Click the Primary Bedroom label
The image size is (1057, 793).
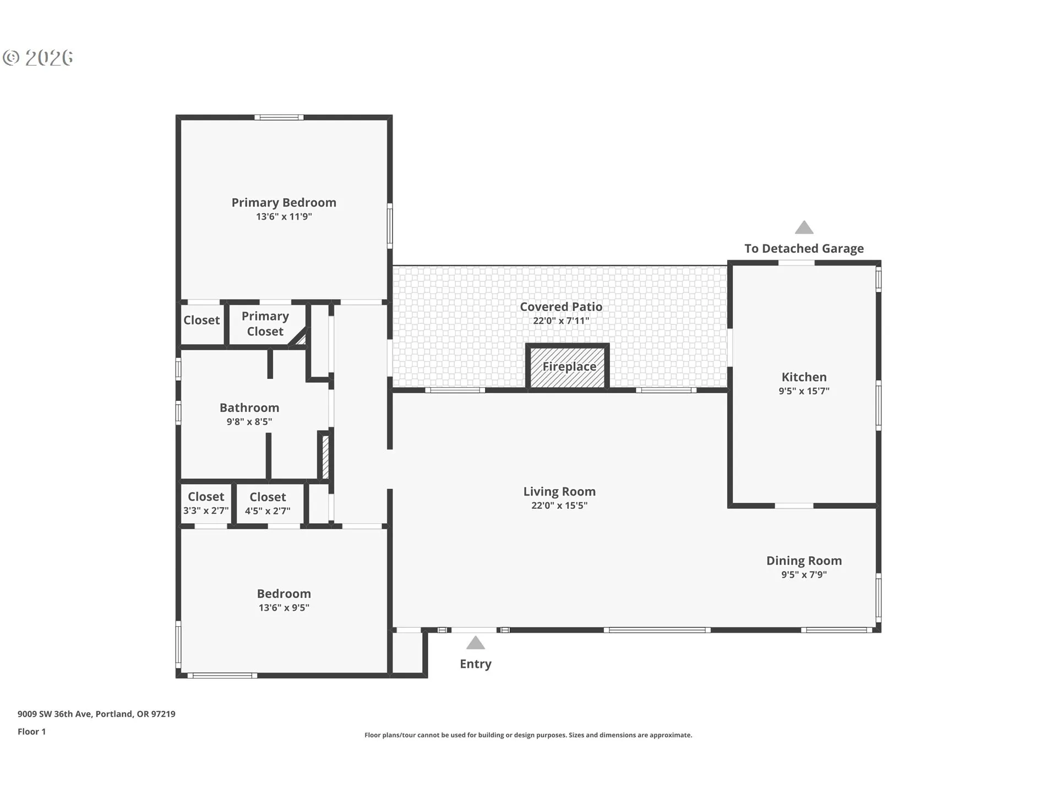click(x=284, y=203)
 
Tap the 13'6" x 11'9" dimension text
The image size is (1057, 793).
click(x=284, y=216)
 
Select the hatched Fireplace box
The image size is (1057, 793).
click(x=568, y=366)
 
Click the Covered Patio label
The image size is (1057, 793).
click(x=561, y=307)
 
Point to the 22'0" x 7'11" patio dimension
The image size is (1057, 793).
click(x=561, y=321)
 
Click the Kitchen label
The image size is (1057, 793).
click(x=804, y=377)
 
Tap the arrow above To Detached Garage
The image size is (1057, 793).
click(x=804, y=227)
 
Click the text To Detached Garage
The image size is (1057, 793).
click(x=804, y=248)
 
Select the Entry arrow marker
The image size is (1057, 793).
click(x=476, y=643)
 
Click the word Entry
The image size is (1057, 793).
click(x=476, y=664)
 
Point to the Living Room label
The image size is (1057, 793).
click(x=559, y=492)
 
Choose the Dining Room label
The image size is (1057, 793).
click(x=804, y=561)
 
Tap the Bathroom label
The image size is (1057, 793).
click(x=249, y=408)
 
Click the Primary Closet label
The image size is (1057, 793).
click(x=265, y=324)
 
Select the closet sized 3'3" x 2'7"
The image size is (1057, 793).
click(x=206, y=503)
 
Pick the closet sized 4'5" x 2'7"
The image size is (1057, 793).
click(x=268, y=503)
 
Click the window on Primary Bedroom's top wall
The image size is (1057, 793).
click(x=279, y=117)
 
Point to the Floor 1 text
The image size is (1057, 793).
click(x=31, y=732)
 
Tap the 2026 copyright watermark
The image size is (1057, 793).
click(x=38, y=58)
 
